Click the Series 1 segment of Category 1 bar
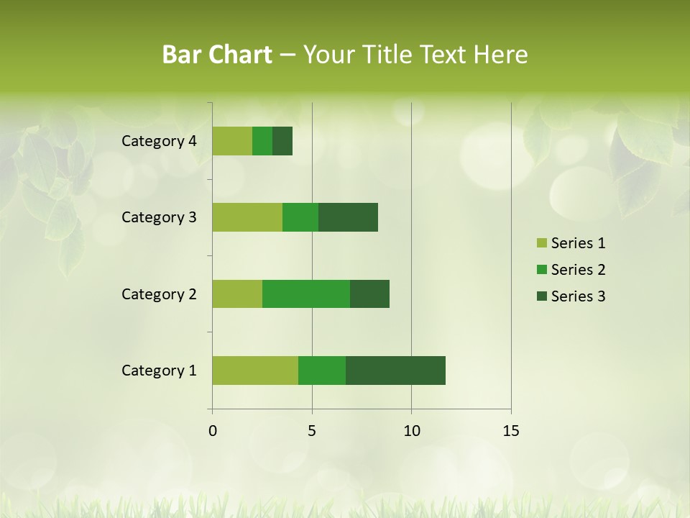click(255, 371)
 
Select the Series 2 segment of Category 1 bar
click(322, 371)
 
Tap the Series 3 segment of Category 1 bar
click(395, 371)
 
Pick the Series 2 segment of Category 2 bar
click(306, 294)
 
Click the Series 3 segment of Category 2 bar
click(369, 294)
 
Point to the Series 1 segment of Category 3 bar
click(247, 217)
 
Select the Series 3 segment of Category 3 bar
click(348, 217)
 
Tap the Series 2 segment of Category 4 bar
click(262, 141)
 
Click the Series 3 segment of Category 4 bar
click(282, 141)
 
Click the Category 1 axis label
click(159, 371)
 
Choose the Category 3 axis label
click(159, 217)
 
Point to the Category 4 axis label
click(159, 141)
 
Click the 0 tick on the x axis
click(213, 431)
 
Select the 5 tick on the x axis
click(312, 431)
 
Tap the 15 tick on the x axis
click(510, 431)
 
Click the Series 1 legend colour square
click(541, 243)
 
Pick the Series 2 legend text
click(578, 270)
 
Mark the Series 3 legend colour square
click(541, 296)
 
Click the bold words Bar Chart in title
click(217, 55)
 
